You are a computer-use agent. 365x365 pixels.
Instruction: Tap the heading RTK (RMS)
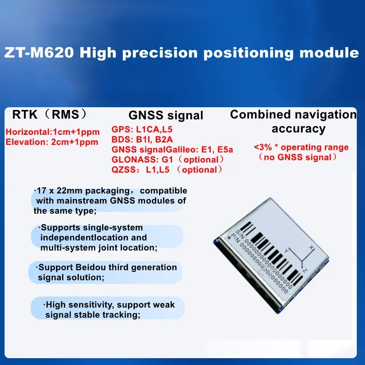click(x=50, y=114)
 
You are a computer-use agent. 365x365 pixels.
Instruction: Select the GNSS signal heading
click(x=166, y=115)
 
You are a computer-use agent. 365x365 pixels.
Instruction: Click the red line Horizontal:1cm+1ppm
click(x=53, y=132)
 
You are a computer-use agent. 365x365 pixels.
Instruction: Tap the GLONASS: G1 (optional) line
click(x=168, y=160)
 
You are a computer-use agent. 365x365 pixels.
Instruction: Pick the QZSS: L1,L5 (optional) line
click(x=167, y=169)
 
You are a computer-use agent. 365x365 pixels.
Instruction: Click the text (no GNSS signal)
click(x=297, y=157)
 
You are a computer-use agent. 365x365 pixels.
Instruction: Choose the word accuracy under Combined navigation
click(x=298, y=129)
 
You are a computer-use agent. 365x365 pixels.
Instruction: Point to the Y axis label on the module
click(x=287, y=250)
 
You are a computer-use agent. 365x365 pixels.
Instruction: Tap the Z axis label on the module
click(x=305, y=269)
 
